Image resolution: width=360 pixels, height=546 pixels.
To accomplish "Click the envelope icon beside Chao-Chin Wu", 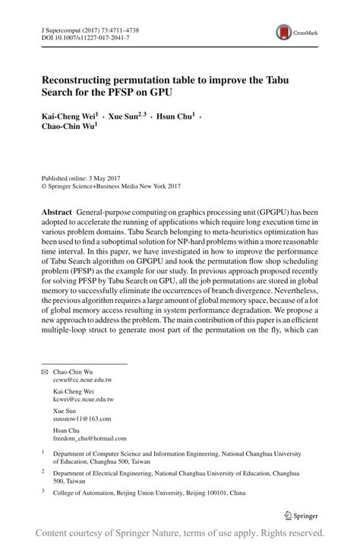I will pyautogui.click(x=45, y=371).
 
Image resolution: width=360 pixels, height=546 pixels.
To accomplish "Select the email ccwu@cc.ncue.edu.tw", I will pyautogui.click(x=82, y=379).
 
